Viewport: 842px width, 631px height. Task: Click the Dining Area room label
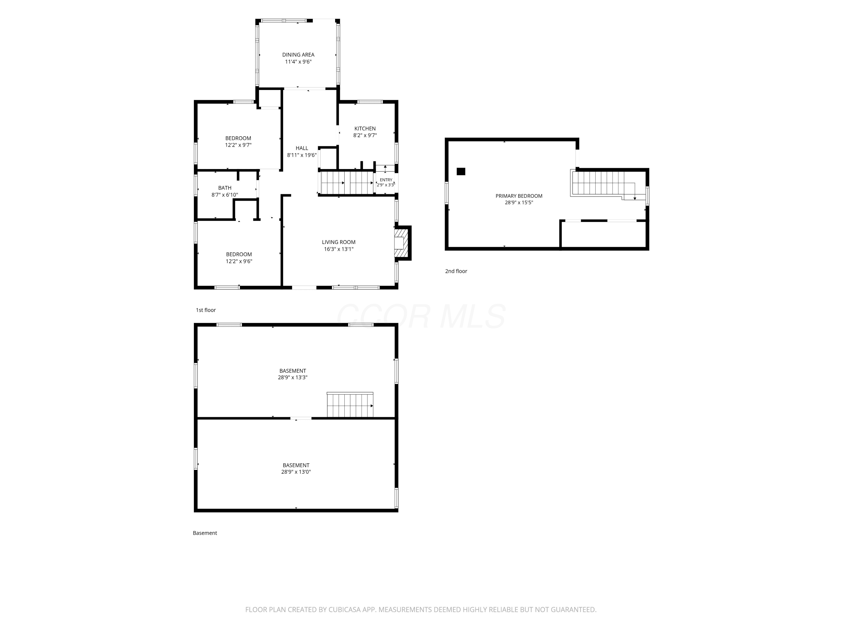click(298, 55)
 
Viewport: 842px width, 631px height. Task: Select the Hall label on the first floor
click(302, 148)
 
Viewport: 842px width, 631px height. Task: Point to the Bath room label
click(225, 188)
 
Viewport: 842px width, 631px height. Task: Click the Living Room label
click(339, 242)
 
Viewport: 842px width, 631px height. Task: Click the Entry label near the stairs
click(386, 180)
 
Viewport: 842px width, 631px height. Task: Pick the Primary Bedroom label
click(519, 196)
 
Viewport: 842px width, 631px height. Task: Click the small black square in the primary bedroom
click(461, 172)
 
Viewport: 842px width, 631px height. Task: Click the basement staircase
click(350, 405)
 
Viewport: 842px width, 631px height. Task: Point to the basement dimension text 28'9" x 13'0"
click(296, 472)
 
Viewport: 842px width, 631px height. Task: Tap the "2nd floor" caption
click(456, 271)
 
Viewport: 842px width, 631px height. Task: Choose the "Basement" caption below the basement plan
click(205, 533)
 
